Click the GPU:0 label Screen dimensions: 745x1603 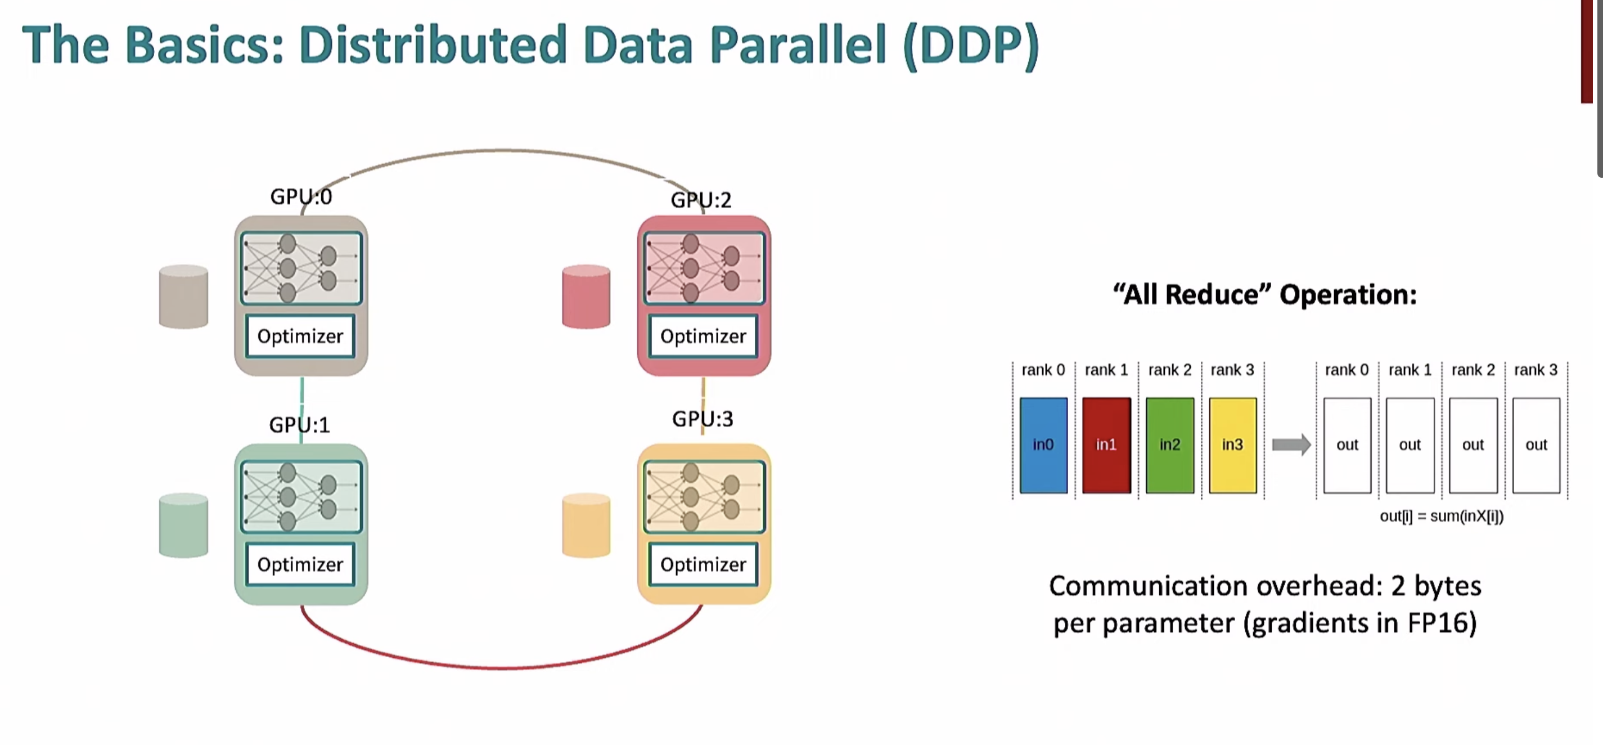tap(300, 197)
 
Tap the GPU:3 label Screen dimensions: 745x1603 tap(702, 419)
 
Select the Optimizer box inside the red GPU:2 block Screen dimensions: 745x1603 tap(703, 336)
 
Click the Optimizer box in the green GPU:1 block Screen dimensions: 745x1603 tap(300, 564)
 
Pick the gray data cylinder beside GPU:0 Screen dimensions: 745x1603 tap(183, 297)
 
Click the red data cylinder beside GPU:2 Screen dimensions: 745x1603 tap(586, 297)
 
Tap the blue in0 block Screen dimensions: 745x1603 tap(1043, 445)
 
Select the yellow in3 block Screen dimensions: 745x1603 tap(1232, 445)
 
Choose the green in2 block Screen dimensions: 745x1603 tap(1169, 445)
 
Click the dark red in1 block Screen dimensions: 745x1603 tap(1106, 445)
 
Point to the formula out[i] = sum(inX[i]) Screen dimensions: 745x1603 tap(1441, 516)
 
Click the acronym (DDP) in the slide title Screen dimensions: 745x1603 tap(970, 46)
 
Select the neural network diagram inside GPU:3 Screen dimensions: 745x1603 tap(704, 497)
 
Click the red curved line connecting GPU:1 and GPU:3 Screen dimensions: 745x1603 tap(501, 667)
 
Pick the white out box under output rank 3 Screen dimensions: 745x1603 tap(1536, 445)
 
